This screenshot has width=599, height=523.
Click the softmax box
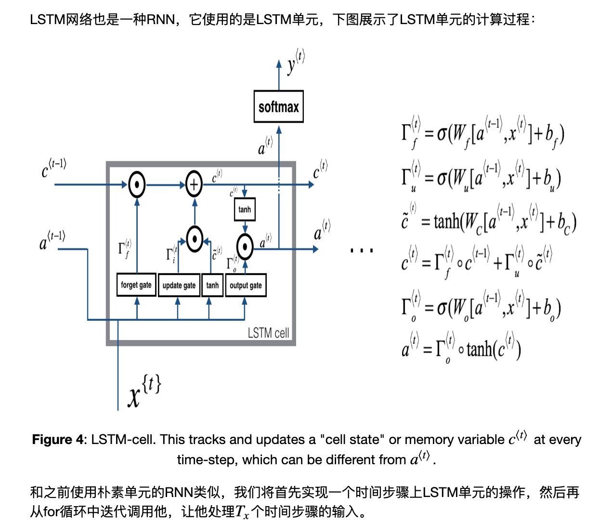tap(278, 106)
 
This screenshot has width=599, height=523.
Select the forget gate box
tap(136, 285)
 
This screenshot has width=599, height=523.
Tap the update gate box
tap(179, 285)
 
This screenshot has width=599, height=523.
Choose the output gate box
tap(246, 285)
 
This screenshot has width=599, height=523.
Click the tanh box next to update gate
tap(212, 285)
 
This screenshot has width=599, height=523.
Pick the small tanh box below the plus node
tap(245, 209)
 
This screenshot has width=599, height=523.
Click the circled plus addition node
tap(194, 184)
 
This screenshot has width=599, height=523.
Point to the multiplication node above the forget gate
tap(137, 184)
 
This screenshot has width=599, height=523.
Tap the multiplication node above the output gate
tap(245, 247)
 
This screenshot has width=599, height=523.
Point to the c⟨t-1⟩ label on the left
tap(53, 168)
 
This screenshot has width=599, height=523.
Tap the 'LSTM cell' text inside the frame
tap(268, 333)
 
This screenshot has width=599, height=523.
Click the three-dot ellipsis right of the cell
tap(362, 250)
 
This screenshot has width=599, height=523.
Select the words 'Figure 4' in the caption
tap(58, 439)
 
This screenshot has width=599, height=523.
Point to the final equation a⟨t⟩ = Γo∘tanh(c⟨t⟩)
tap(461, 348)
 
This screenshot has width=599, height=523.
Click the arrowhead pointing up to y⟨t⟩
tap(279, 64)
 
